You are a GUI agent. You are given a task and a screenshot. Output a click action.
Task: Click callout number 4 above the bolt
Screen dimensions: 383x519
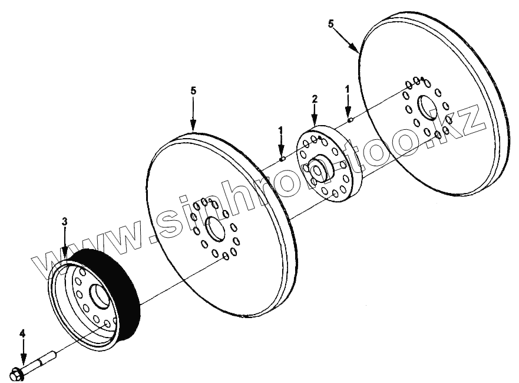(22, 334)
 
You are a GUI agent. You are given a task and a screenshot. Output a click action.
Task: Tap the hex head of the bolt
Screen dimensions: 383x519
(18, 373)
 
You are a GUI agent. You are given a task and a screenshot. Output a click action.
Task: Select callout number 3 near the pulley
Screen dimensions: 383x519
(65, 221)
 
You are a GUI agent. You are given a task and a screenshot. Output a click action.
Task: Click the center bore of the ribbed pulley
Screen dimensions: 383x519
(97, 295)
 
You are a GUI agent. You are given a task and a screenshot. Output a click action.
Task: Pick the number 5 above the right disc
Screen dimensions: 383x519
(330, 24)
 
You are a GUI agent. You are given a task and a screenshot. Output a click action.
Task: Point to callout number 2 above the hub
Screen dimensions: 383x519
(315, 99)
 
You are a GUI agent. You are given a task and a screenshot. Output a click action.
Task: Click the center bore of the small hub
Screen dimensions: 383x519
(320, 169)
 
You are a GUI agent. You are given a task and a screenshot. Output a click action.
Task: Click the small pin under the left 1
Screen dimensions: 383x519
(282, 158)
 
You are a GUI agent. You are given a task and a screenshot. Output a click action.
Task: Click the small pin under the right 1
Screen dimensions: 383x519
(350, 120)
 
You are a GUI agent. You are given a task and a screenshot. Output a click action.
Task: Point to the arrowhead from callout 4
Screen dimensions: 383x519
(23, 361)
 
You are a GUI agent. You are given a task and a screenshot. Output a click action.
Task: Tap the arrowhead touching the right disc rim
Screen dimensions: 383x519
(358, 52)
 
